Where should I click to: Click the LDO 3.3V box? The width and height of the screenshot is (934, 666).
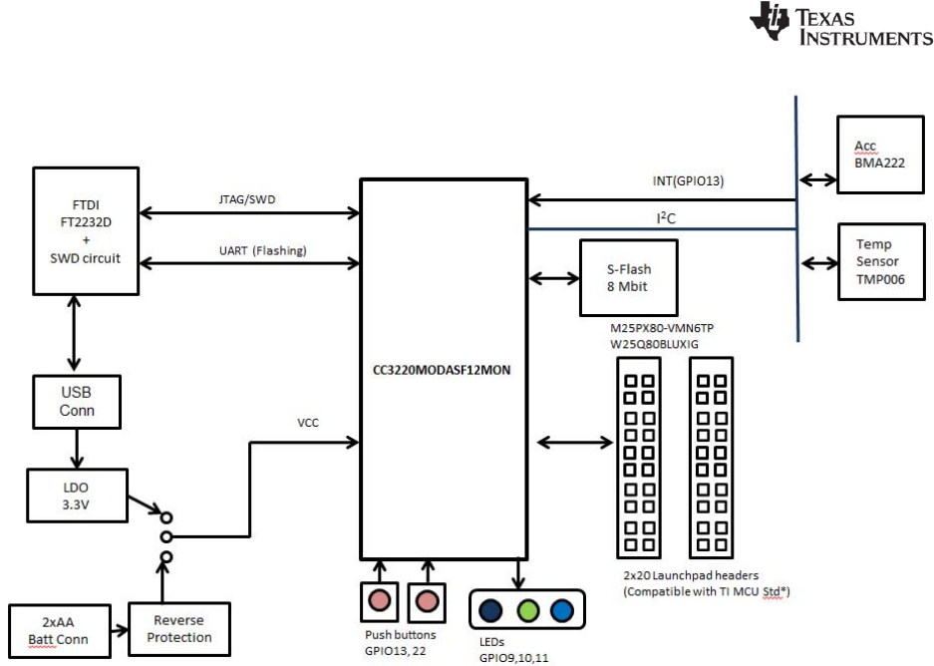[77, 493]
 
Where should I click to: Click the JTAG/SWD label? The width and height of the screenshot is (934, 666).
[245, 199]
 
